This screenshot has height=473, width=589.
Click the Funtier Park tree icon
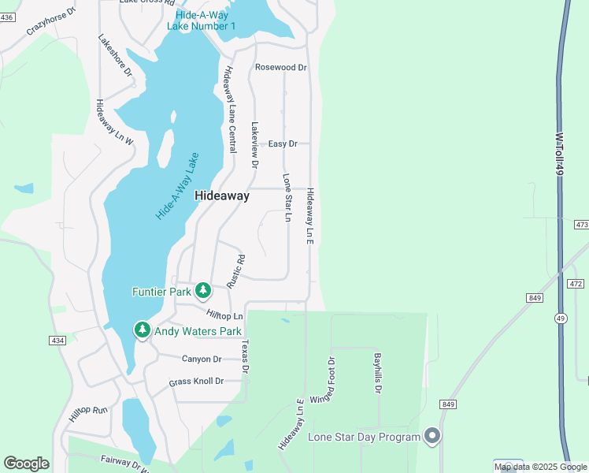click(202, 291)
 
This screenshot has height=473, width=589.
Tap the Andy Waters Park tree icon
click(142, 330)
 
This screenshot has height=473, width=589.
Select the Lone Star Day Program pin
click(432, 436)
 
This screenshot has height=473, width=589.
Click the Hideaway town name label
click(222, 196)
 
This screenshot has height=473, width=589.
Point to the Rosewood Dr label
click(280, 68)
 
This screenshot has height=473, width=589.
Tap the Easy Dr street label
click(283, 143)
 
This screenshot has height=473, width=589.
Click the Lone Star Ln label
click(287, 197)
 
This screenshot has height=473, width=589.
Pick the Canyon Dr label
click(202, 359)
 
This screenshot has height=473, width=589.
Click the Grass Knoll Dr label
click(196, 382)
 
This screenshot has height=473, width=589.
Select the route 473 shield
click(580, 225)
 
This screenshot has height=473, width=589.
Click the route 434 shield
click(57, 341)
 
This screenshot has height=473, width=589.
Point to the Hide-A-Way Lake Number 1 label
click(202, 20)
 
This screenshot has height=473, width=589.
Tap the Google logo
click(26, 464)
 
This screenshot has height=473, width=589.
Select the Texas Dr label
click(245, 357)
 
